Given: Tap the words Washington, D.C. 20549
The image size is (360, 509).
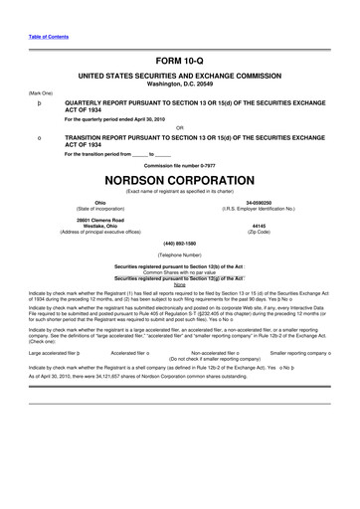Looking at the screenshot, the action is pyautogui.click(x=179, y=84).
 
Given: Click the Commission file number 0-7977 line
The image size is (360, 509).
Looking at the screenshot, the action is pyautogui.click(x=179, y=164).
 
